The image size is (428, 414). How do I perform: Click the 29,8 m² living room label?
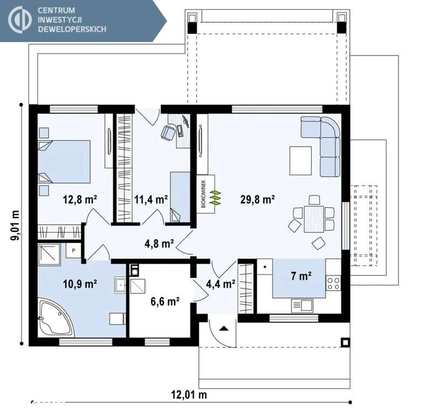(x=257, y=200)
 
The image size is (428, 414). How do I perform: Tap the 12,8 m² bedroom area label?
(x=80, y=200)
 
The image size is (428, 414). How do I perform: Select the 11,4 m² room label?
(x=151, y=200)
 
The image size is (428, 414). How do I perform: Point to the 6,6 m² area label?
(x=165, y=301)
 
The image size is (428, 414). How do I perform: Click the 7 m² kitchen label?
(x=301, y=276)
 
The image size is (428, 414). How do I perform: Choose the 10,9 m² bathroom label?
(x=80, y=284)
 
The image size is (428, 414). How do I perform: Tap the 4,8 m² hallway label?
(x=159, y=244)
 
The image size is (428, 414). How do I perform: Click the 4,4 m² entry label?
(x=220, y=284)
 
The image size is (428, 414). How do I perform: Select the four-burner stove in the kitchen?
(x=333, y=284)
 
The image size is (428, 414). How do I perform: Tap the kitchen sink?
(x=302, y=306)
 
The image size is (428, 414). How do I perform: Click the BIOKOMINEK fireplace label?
(x=204, y=194)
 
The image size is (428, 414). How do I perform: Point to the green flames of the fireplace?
(x=215, y=197)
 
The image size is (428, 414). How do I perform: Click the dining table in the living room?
(x=314, y=219)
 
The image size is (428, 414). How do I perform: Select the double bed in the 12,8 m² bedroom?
(x=64, y=162)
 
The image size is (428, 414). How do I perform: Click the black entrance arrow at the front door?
(x=224, y=328)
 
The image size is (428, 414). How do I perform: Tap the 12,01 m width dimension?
(x=189, y=395)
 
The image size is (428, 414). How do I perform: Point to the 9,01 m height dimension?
(x=15, y=225)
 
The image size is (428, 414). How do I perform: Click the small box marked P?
(x=73, y=250)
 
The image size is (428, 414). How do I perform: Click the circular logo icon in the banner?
(x=19, y=19)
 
